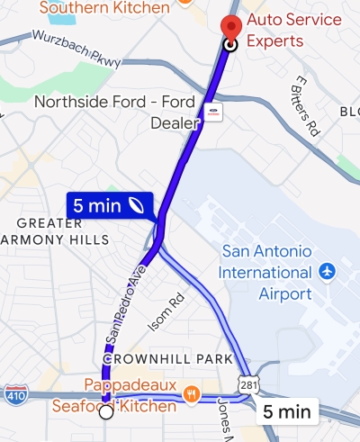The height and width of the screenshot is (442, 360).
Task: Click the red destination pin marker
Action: [x=230, y=28]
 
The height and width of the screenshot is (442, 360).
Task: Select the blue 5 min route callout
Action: [x=109, y=205]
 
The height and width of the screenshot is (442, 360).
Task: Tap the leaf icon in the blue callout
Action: [x=137, y=205]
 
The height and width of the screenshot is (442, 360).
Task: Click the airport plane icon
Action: [x=326, y=270]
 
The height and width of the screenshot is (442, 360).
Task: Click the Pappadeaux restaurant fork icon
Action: [x=191, y=393]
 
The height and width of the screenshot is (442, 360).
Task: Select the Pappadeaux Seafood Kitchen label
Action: [x=131, y=396]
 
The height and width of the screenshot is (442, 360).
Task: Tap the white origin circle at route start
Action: [x=105, y=412]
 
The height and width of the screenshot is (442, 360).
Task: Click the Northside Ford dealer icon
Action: [x=213, y=113]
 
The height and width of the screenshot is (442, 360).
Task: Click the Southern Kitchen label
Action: [x=105, y=8]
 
